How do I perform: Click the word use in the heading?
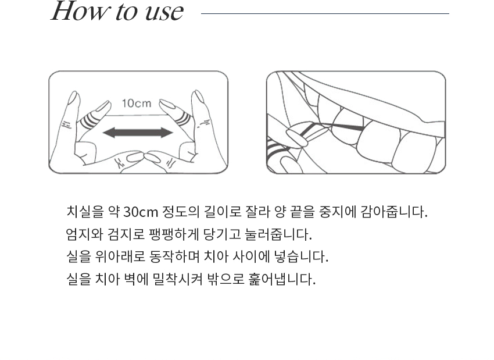pyautogui.click(x=164, y=13)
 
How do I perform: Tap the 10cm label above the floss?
pyautogui.click(x=137, y=103)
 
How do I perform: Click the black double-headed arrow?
pyautogui.click(x=138, y=133)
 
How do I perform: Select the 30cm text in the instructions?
pyautogui.click(x=141, y=212)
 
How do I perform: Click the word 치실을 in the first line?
pyautogui.click(x=85, y=212)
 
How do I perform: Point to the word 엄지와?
pyautogui.click(x=84, y=234)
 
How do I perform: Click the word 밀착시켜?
pyautogui.click(x=177, y=279)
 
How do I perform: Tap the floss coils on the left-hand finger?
pyautogui.click(x=88, y=121)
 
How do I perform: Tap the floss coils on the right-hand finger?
pyautogui.click(x=183, y=120)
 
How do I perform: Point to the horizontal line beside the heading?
pyautogui.click(x=325, y=13)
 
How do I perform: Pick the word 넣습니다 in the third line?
pyautogui.click(x=301, y=256)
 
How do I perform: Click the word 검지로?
pyautogui.click(x=126, y=234)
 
